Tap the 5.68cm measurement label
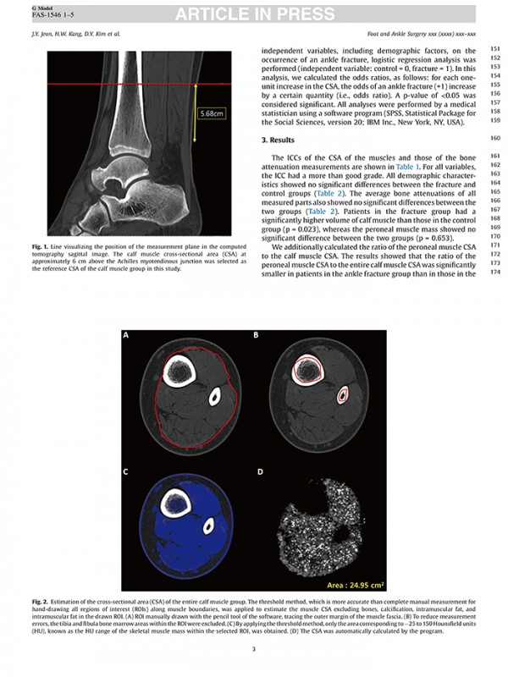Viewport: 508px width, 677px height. (212, 112)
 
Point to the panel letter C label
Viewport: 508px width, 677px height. (126, 470)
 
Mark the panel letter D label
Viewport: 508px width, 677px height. (259, 470)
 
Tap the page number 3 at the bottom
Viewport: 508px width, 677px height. (254, 649)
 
